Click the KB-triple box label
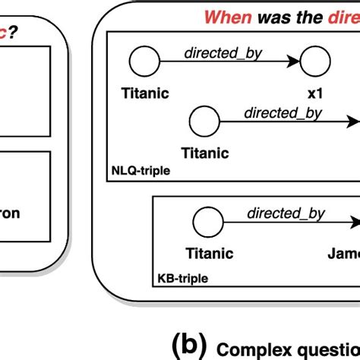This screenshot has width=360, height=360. pos(182,279)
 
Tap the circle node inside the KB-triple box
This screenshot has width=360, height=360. pos(204,223)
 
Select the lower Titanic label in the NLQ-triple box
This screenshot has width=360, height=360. pos(205,153)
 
